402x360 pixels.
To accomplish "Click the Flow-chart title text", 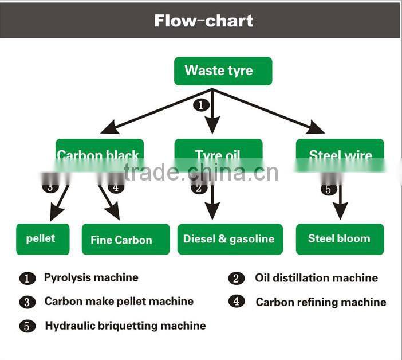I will pos(203,21).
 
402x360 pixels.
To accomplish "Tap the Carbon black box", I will pos(98,154).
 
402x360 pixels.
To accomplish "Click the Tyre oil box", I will pos(218,154).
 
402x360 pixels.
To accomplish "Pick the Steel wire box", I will pos(340,154).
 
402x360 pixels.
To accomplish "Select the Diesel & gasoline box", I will pos(230,239).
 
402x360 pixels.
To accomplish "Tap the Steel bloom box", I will pos(340,238).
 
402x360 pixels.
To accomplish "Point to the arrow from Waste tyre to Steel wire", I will pos(269,111).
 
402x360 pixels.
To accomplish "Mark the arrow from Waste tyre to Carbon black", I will pos(155,111).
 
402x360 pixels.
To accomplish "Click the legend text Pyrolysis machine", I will pos(91,277).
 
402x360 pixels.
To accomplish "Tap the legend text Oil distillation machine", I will pos(316,278).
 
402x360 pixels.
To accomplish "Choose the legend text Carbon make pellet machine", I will pos(119,301).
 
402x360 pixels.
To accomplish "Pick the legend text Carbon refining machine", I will pos(321,302).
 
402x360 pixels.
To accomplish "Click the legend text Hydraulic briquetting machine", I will pos(125,326).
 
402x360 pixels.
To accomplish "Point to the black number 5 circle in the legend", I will pos(27,326).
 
